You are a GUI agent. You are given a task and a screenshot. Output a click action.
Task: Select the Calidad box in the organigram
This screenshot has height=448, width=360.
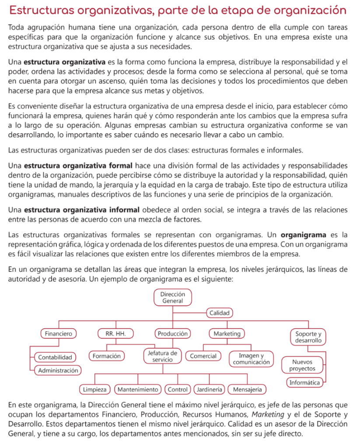click(x=219, y=313)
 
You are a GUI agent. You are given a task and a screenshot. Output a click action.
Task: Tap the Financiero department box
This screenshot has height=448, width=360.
click(x=58, y=333)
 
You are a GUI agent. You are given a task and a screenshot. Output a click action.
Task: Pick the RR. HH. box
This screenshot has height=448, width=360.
click(x=115, y=333)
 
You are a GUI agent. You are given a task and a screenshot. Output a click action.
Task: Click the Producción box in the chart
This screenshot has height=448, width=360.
click(x=173, y=333)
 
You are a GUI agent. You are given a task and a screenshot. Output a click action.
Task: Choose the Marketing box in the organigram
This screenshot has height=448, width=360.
click(x=227, y=333)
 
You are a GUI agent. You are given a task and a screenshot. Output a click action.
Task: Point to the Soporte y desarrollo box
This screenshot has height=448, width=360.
click(x=308, y=337)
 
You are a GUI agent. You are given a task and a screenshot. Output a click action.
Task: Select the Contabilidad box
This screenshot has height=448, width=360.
click(x=55, y=357)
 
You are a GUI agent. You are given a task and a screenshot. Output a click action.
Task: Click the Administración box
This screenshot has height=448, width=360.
click(x=58, y=370)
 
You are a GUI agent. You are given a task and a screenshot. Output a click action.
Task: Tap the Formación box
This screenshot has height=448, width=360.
click(x=106, y=356)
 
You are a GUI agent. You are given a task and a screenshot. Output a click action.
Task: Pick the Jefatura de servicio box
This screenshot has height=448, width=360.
click(x=162, y=356)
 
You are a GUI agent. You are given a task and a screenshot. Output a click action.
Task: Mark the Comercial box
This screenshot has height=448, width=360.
click(x=203, y=356)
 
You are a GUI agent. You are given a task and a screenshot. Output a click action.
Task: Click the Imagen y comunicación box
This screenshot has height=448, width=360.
click(x=251, y=359)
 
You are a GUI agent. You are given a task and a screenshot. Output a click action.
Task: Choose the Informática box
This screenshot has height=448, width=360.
click(x=304, y=383)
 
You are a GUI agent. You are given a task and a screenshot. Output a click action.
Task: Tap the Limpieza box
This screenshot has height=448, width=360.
click(x=95, y=389)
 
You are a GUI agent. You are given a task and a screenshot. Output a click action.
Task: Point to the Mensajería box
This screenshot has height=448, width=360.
click(x=248, y=389)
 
